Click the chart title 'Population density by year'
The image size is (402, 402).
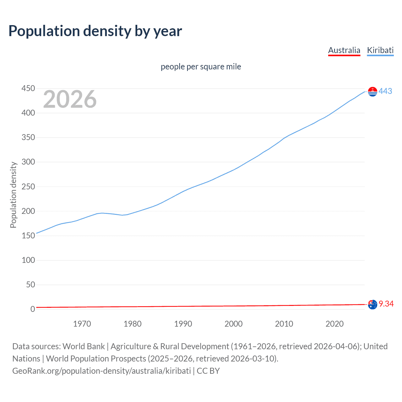click(x=95, y=31)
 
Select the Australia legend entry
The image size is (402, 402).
click(x=344, y=50)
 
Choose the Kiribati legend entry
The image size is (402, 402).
click(x=380, y=50)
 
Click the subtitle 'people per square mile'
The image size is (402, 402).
click(x=201, y=67)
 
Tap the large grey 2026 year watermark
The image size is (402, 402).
click(x=70, y=99)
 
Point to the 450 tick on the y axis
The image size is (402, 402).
click(x=28, y=89)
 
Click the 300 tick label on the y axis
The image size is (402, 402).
click(x=28, y=162)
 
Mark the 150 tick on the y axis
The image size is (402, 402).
click(x=28, y=236)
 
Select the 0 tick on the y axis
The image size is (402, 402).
click(x=32, y=309)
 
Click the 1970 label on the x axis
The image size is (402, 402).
click(x=82, y=324)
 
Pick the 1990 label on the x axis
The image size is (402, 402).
click(x=183, y=324)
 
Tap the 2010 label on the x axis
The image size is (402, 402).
click(x=284, y=324)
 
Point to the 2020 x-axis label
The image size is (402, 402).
click(x=334, y=324)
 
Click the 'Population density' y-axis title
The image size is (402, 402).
click(x=13, y=195)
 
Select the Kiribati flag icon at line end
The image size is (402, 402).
click(x=372, y=91)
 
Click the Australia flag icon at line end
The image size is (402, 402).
click(x=372, y=304)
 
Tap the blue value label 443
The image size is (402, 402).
click(x=385, y=91)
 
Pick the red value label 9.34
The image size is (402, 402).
click(x=386, y=304)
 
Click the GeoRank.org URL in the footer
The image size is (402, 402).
click(x=101, y=371)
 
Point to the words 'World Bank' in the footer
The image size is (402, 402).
click(x=84, y=346)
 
